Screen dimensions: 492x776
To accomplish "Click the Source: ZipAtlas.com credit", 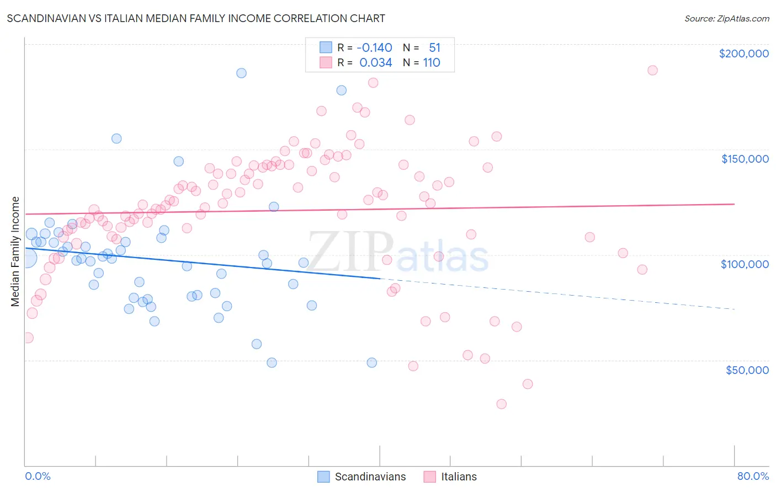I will click(726, 18).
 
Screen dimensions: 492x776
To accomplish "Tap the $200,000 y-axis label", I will click(743, 54).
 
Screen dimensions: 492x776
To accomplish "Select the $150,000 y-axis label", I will click(745, 159).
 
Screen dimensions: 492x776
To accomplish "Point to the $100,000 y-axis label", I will click(745, 264).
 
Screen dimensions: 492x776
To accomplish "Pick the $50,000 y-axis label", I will click(747, 370).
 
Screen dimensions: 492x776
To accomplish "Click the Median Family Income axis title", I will click(15, 252).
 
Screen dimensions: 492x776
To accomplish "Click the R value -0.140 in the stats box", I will click(375, 48).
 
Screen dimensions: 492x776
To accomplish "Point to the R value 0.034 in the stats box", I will click(375, 63).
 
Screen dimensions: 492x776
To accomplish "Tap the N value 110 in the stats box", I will click(432, 63).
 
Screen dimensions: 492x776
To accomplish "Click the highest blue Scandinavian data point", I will click(241, 73).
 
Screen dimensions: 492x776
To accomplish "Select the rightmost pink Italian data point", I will click(652, 70).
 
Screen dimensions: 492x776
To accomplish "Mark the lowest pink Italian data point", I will click(501, 404).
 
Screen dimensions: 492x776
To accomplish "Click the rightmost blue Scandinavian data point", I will click(372, 362).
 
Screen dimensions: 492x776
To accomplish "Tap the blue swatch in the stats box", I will click(326, 48).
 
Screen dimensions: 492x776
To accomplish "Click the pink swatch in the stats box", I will click(326, 63).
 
